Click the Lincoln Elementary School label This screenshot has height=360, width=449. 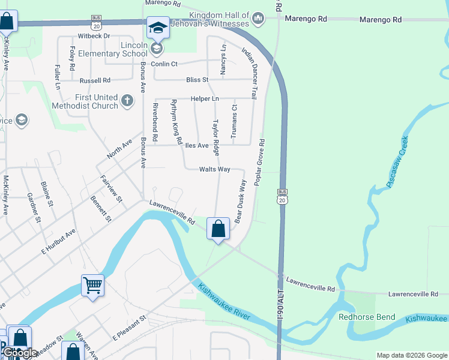[118, 49]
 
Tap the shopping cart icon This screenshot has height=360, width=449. [93, 286]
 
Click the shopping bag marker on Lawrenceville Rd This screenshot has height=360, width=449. [218, 229]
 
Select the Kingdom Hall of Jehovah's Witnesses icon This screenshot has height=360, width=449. [258, 19]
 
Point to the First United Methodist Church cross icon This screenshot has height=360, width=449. [127, 101]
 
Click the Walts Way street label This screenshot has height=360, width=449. [215, 169]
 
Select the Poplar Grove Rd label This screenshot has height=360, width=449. [259, 162]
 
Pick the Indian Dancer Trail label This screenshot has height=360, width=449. [249, 70]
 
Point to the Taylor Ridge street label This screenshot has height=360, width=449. [215, 137]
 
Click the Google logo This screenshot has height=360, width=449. [20, 353]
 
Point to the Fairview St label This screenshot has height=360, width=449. [111, 188]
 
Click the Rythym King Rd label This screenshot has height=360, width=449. [176, 122]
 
